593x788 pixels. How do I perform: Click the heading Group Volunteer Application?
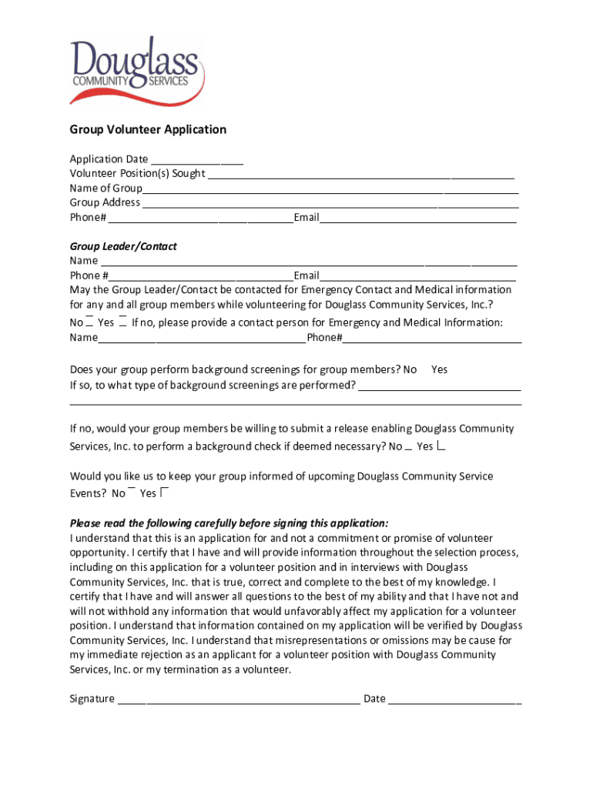[x=148, y=129]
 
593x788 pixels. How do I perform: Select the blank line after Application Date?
[x=196, y=160]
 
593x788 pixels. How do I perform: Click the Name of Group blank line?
[x=330, y=189]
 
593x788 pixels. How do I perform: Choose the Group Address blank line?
[x=330, y=204]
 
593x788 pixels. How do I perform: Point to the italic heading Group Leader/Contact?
[x=123, y=246]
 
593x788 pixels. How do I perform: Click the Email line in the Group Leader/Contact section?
[x=417, y=276]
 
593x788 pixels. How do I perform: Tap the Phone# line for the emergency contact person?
[x=432, y=339]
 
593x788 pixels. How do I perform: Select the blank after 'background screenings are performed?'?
[x=440, y=386]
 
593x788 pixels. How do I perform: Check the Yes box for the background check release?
[x=442, y=446]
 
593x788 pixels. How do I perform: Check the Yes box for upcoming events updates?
[x=165, y=492]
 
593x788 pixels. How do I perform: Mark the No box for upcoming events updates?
[x=132, y=490]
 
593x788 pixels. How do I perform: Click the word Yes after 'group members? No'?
[x=439, y=370]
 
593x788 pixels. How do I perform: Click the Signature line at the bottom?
[x=239, y=700]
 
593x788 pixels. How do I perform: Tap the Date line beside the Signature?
[x=454, y=700]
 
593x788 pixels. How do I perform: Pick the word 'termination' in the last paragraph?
[x=205, y=669]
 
